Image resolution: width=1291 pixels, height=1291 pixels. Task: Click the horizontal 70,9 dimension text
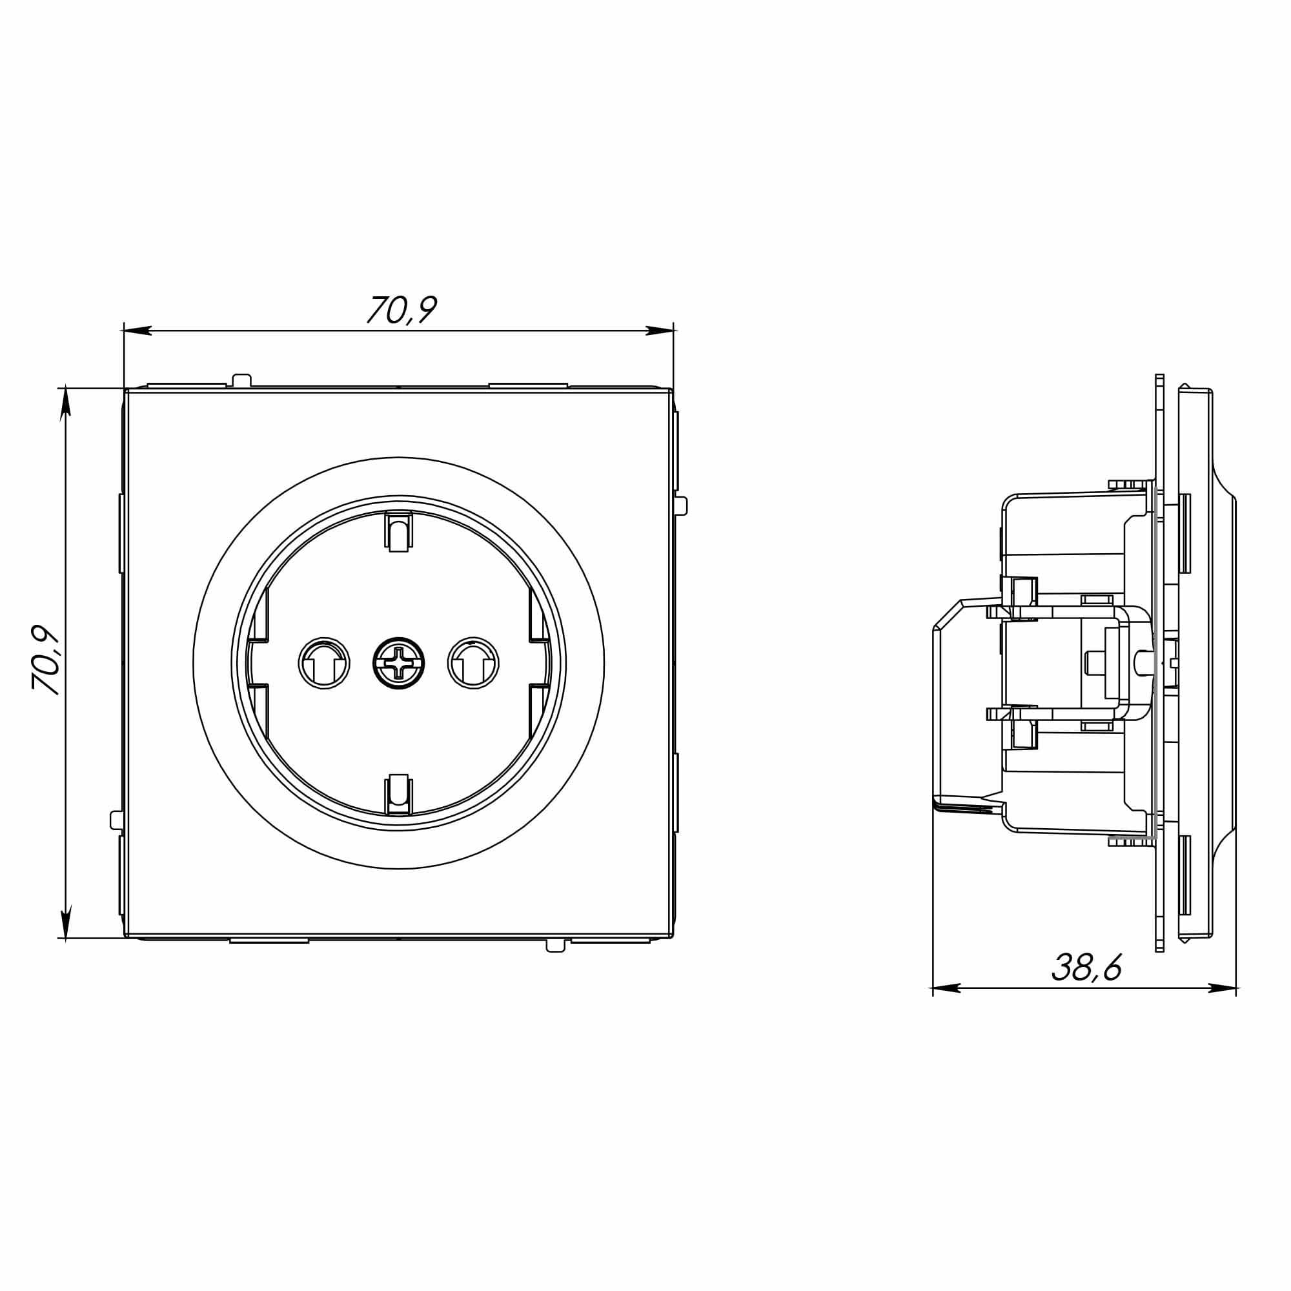pyautogui.click(x=402, y=309)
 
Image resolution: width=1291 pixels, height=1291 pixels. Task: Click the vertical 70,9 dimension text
pyautogui.click(x=46, y=660)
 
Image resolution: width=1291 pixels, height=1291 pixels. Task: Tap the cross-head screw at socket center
pyautogui.click(x=398, y=662)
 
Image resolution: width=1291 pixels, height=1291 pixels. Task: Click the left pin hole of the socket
pyautogui.click(x=324, y=663)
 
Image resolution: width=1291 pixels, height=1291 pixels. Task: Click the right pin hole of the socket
pyautogui.click(x=473, y=663)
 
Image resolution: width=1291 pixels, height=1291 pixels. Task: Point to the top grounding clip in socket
pyautogui.click(x=398, y=531)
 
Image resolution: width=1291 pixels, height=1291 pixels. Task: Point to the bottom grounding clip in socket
pyautogui.click(x=398, y=795)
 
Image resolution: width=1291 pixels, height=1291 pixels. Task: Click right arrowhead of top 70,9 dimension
pyautogui.click(x=659, y=330)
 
